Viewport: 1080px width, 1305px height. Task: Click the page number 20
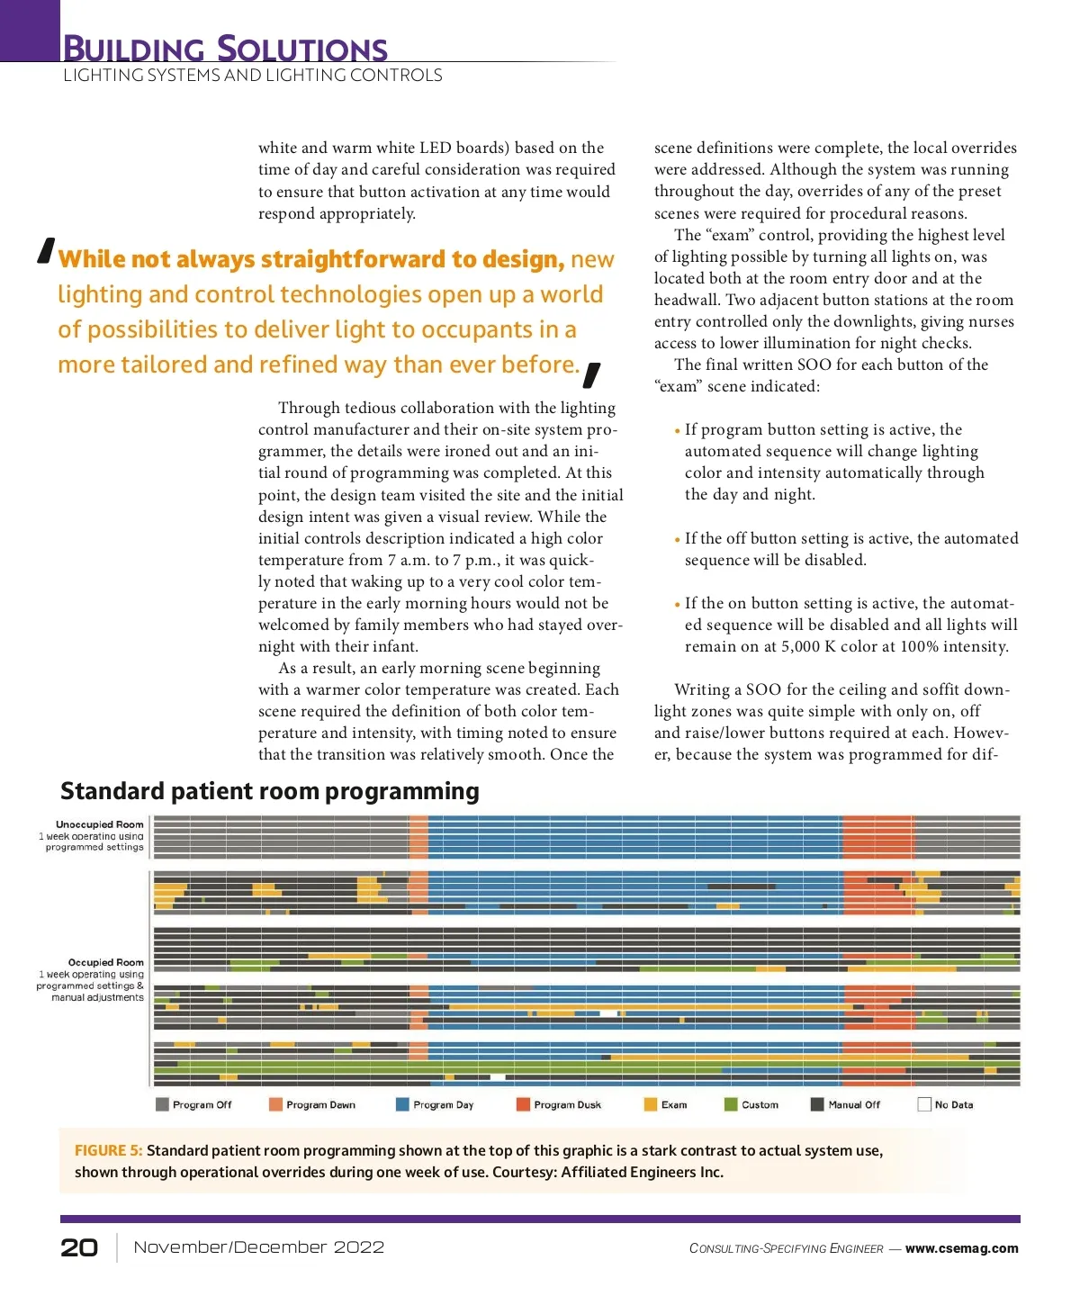[x=79, y=1246]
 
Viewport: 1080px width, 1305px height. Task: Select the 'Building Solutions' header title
[x=225, y=48]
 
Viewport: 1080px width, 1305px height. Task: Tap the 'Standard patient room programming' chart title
[x=270, y=791]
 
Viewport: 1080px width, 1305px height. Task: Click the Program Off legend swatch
[x=162, y=1104]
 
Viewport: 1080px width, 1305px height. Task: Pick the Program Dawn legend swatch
[x=275, y=1104]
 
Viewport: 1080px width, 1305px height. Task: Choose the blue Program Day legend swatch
[x=402, y=1104]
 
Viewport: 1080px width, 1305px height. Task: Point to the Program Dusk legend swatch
[x=523, y=1104]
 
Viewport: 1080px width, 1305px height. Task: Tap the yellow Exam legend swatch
[x=650, y=1104]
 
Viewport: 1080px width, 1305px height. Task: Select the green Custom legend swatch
[x=731, y=1104]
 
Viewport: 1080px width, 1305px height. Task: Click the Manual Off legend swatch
[x=817, y=1104]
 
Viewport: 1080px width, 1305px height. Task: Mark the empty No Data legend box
[x=923, y=1104]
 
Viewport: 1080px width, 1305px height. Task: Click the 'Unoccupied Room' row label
[x=100, y=824]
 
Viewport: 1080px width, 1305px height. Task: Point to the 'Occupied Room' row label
[x=106, y=962]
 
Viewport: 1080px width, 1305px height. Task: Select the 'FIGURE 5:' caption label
[x=108, y=1150]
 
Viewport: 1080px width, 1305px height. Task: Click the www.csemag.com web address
[x=961, y=1248]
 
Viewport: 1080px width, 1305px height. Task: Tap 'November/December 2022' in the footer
[x=258, y=1247]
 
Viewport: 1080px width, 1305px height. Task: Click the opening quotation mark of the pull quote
[x=47, y=251]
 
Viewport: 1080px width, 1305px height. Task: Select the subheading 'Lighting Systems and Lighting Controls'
[x=253, y=76]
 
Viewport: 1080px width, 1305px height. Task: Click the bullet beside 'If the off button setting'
[x=677, y=540]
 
